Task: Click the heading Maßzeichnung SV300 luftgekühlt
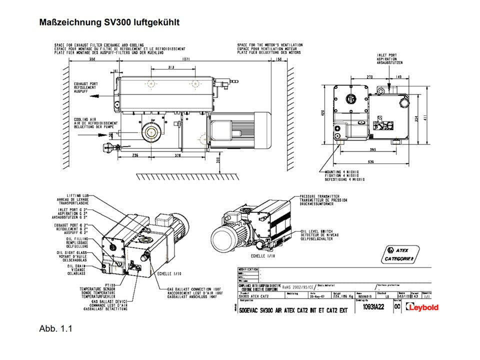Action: (x=109, y=22)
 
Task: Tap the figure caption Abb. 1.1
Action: (x=56, y=328)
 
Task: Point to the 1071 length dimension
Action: (x=186, y=59)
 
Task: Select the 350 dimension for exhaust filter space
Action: (x=92, y=59)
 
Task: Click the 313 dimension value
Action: (x=170, y=67)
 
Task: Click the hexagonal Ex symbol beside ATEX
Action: (x=390, y=249)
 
